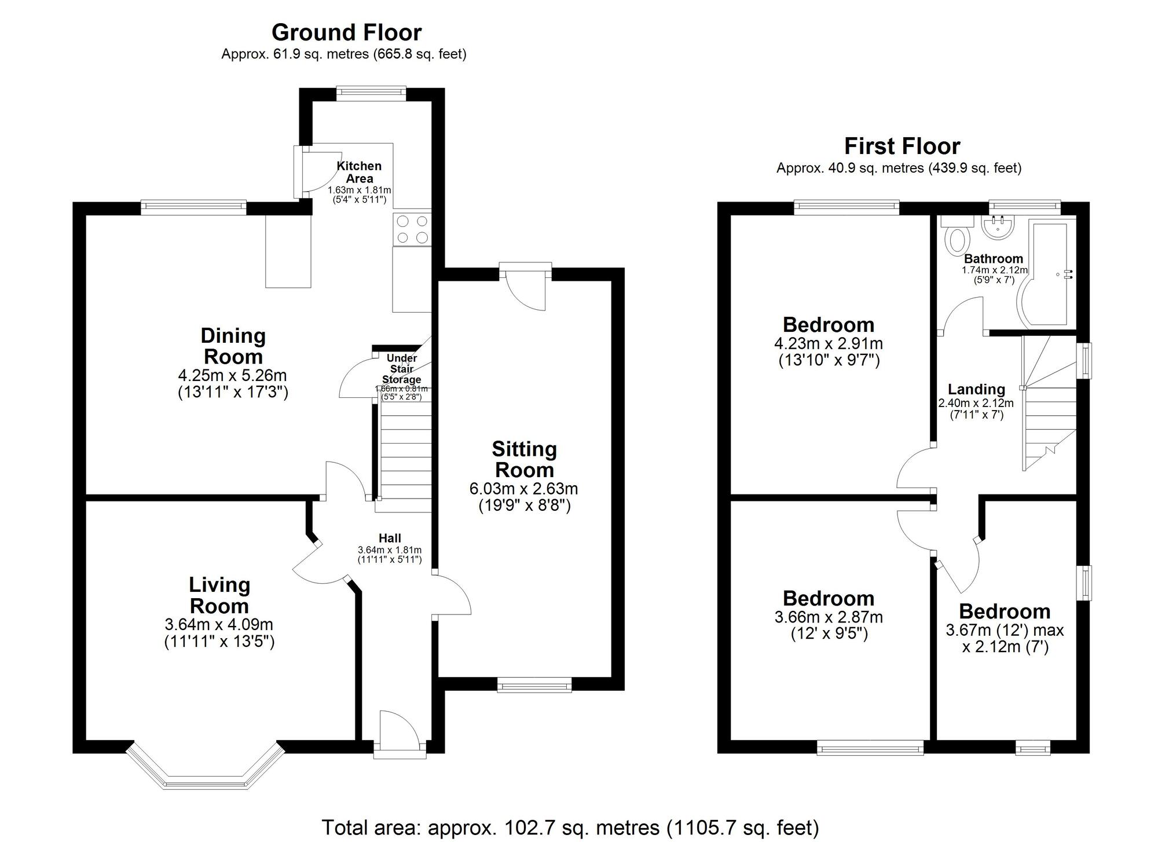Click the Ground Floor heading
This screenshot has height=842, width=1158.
346,32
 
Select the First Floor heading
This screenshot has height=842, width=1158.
902,146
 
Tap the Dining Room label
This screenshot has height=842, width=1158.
233,346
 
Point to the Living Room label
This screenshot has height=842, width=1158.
219,595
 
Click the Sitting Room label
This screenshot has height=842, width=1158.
524,459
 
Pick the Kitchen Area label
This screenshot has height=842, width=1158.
359,173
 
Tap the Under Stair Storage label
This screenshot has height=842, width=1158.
402,369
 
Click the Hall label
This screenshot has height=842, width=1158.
390,538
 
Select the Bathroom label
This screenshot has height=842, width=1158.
994,259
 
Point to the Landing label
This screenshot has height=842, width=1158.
976,389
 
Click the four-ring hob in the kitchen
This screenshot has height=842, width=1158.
412,229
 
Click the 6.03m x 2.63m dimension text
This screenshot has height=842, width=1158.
523,489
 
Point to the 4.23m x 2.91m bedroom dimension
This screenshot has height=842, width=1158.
829,343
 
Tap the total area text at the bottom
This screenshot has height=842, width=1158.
570,828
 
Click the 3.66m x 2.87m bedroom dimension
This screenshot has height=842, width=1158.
829,617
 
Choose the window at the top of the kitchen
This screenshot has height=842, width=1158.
371,93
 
